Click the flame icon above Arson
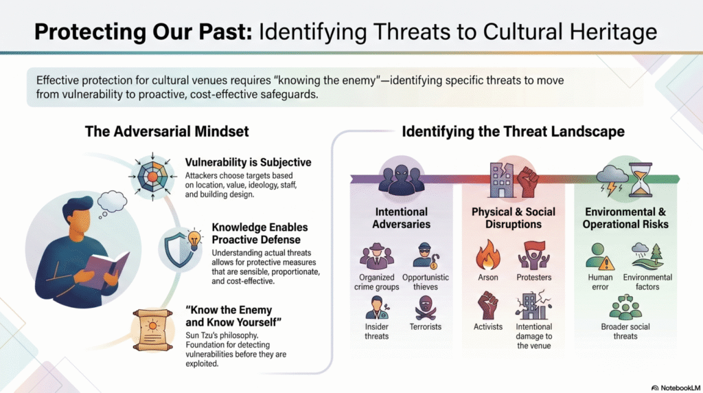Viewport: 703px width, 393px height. pos(488,254)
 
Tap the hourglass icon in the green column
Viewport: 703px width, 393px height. pos(641,179)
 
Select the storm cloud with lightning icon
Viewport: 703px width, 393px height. pos(612,180)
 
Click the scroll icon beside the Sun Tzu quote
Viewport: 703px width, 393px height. pos(153,330)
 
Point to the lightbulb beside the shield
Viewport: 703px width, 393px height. pos(194,240)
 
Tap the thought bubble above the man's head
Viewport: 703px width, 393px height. pos(111,203)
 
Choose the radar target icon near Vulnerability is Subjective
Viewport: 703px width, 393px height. pos(153,177)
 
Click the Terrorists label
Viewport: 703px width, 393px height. pos(426,326)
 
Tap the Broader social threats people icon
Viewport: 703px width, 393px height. pos(625,307)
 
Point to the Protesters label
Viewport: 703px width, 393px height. pos(534,278)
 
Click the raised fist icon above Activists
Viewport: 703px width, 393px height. pos(488,305)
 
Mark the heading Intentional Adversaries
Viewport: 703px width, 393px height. pos(401,218)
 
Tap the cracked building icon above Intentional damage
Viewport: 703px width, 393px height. pos(533,305)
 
